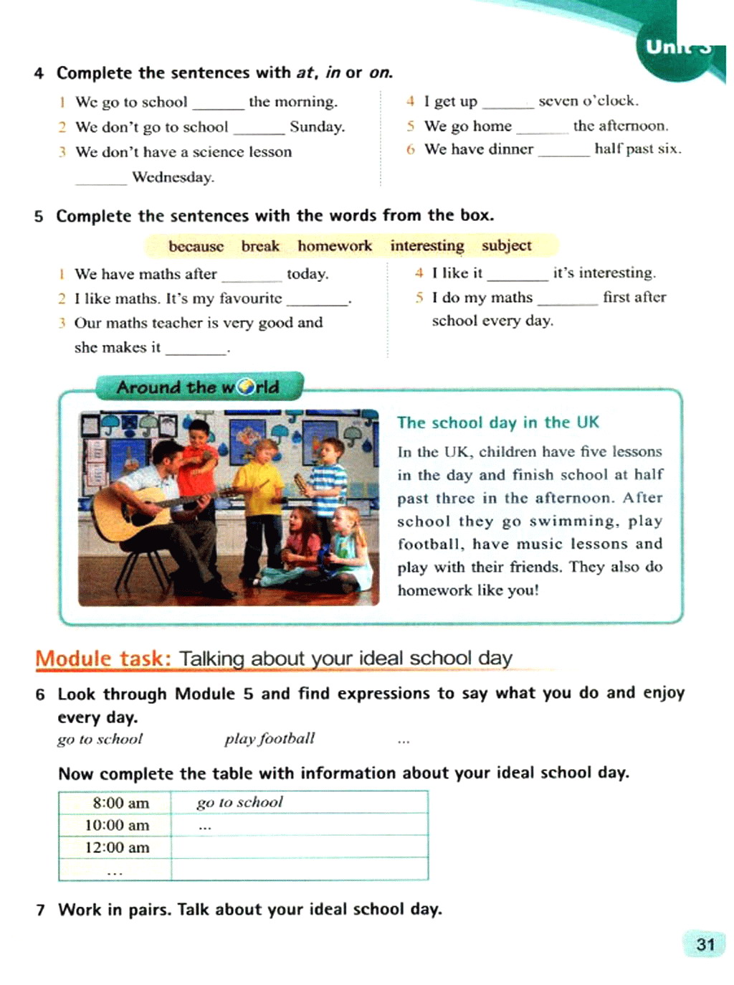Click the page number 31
coord(705,944)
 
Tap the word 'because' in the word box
coord(196,246)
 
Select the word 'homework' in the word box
coord(335,246)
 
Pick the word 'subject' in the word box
coord(506,246)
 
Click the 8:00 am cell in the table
coord(120,803)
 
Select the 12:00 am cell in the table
coord(117,847)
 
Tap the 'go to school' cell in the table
coord(239,802)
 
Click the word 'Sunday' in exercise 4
coord(316,127)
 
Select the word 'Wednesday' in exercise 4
coord(173,177)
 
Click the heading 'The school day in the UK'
coord(498,423)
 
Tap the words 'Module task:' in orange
coord(103,659)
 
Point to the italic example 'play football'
coord(270,739)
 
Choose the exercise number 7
coord(41,910)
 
